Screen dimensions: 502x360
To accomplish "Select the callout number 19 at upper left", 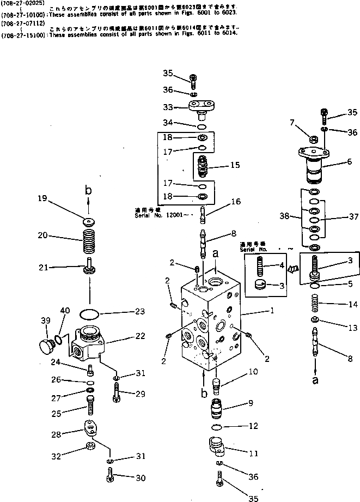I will tap(42, 199).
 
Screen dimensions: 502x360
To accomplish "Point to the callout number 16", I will tap(235, 202).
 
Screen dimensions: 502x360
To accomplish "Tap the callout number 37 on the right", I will tap(353, 217).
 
